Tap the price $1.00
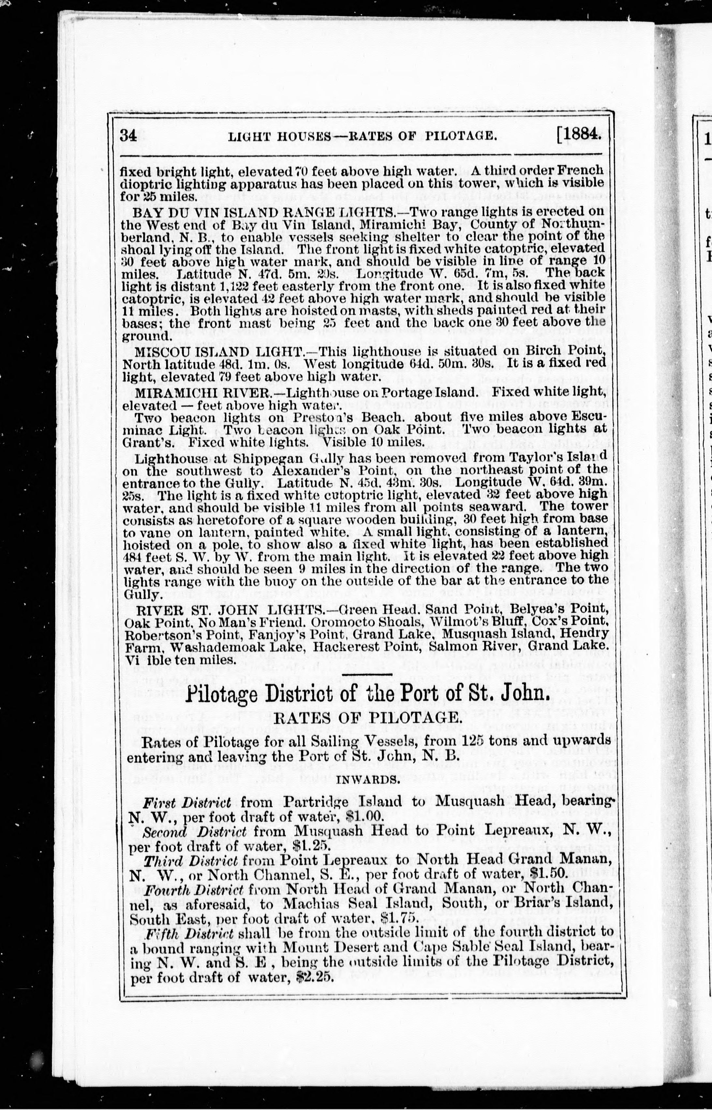(x=365, y=817)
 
